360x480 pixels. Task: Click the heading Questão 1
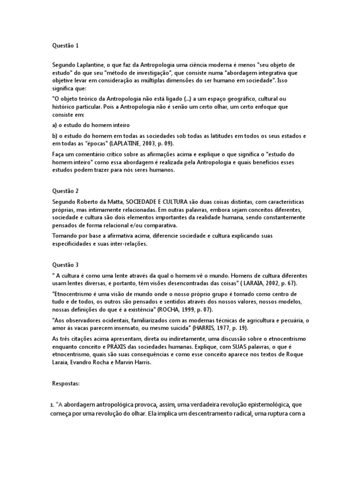click(65, 45)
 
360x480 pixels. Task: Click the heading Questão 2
click(65, 191)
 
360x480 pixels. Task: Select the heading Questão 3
click(65, 265)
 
